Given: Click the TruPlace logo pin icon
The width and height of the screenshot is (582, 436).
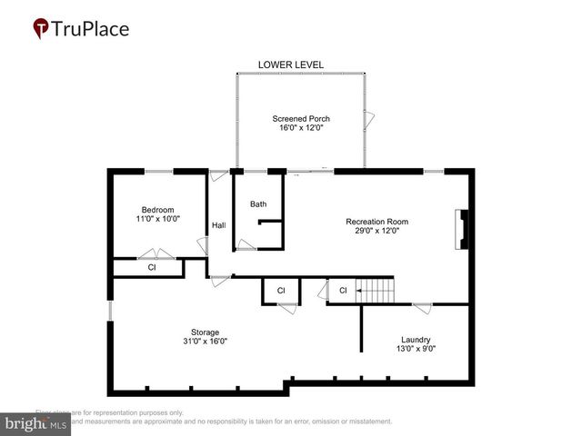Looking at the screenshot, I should click(42, 29).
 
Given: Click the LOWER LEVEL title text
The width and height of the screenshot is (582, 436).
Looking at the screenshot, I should click(291, 64).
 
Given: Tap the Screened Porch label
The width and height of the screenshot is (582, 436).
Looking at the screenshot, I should click(301, 119).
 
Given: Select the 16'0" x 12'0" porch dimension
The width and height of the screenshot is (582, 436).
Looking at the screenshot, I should click(301, 129).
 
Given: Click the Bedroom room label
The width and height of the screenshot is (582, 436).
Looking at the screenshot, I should click(156, 209).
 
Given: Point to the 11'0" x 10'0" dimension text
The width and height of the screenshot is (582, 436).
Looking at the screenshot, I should click(156, 219).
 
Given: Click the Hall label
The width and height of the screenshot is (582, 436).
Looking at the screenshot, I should click(218, 225).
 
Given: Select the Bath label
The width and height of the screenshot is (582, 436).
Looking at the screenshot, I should click(258, 204).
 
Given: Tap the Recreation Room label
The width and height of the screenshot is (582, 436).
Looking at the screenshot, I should click(376, 222).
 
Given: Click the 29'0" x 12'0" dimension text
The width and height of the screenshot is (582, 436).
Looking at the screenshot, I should click(376, 232).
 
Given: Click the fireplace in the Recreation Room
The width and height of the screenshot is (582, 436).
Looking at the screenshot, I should click(463, 229).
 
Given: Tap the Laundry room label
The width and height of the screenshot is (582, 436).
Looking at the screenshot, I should click(416, 340).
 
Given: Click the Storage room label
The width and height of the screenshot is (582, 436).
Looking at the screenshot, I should click(205, 332).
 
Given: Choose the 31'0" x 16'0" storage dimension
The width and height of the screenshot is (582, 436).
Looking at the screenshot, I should click(205, 342).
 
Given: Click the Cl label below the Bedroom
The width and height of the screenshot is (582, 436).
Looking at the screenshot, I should click(151, 268).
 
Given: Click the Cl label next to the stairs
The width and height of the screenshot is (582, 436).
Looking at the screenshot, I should click(343, 291).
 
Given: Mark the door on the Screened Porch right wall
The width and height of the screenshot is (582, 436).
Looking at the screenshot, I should click(369, 118).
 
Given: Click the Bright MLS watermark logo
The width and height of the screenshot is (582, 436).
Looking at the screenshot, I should click(36, 424).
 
